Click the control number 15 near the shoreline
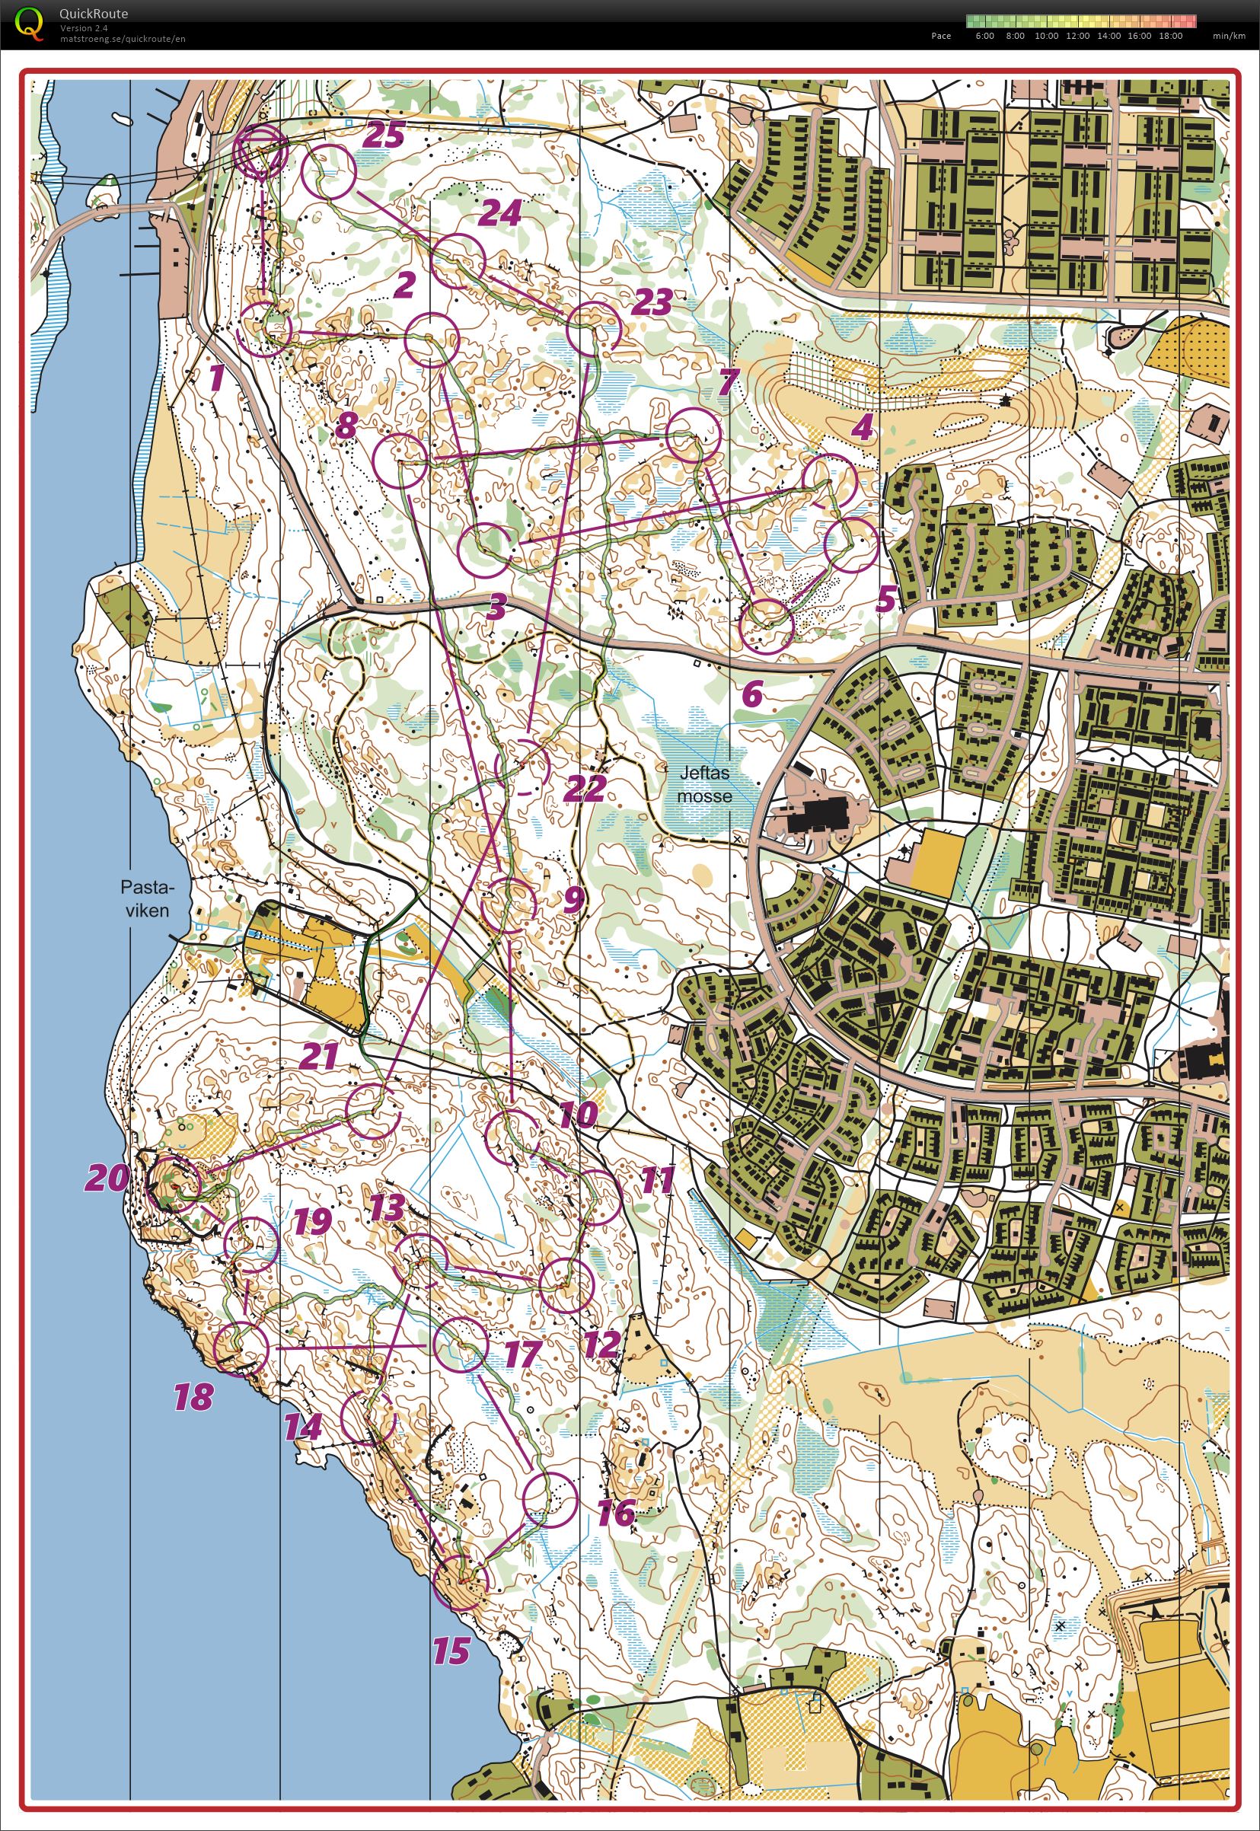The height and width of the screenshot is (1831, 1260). tap(451, 1651)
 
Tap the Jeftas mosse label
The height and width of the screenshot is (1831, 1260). tap(704, 785)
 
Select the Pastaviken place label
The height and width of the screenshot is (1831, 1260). tap(147, 898)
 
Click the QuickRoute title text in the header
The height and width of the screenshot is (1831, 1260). tap(93, 14)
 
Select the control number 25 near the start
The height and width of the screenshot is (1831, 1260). tap(384, 135)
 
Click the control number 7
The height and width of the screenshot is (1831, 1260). tap(728, 383)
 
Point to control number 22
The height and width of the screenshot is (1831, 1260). tap(585, 787)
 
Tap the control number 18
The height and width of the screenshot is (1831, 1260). tap(193, 1397)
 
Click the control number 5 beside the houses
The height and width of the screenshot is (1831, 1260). tap(887, 600)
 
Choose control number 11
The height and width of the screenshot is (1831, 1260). tap(657, 1179)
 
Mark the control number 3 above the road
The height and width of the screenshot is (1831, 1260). tap(496, 608)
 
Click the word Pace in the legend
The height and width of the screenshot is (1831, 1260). tap(940, 36)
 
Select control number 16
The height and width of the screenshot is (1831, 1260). tap(617, 1512)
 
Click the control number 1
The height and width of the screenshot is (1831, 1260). tap(215, 378)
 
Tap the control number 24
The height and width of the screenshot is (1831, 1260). tap(501, 212)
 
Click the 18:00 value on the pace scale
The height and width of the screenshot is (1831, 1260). tap(1171, 36)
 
